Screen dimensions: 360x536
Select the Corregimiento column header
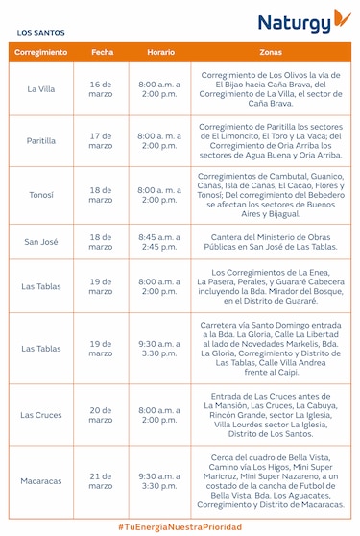(41, 52)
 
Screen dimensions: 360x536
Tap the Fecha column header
(102, 52)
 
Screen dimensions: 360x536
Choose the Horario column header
(159, 52)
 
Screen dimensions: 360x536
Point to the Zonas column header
(271, 52)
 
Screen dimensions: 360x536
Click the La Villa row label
(41, 90)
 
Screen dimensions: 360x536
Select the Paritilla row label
(41, 141)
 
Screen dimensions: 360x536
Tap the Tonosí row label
(41, 195)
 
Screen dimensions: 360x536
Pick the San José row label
(41, 241)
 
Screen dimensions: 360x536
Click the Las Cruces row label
(41, 415)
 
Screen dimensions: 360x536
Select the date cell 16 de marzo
(101, 90)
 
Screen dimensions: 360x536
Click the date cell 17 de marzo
(101, 141)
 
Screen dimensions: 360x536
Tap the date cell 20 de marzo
(101, 415)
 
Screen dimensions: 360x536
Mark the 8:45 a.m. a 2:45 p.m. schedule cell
(159, 241)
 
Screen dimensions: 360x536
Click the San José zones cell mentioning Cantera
(271, 241)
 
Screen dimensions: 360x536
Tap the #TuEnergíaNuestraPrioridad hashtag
(180, 526)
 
